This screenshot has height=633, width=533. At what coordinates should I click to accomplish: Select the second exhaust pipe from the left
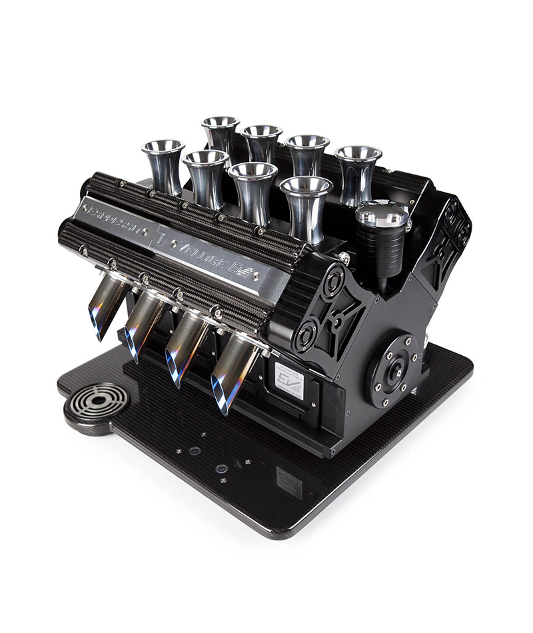(x=143, y=326)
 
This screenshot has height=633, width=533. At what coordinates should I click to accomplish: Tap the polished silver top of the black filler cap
(x=382, y=214)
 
